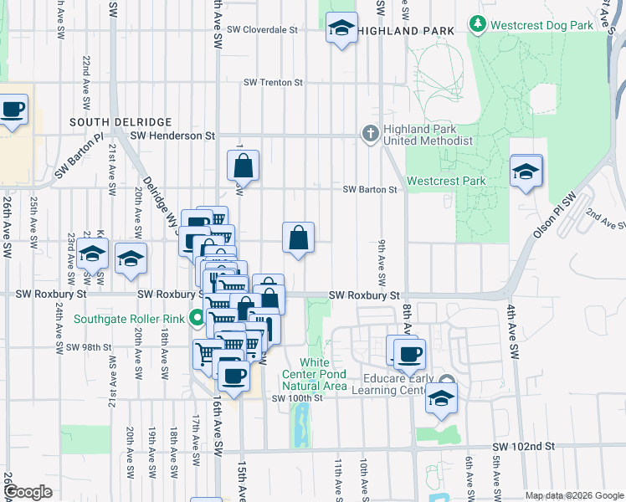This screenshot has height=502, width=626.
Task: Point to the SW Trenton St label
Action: click(273, 83)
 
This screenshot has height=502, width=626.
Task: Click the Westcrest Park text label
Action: click(446, 181)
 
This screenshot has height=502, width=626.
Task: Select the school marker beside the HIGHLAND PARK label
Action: click(341, 28)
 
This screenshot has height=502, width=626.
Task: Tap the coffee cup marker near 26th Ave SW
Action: click(13, 110)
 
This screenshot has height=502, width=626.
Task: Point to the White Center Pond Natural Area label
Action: click(313, 374)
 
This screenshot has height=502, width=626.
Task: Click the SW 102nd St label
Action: click(524, 448)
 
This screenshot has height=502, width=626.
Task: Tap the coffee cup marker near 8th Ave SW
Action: click(409, 353)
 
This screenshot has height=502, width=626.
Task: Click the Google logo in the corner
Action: click(28, 492)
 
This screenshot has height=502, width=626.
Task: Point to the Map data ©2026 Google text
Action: click(573, 495)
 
